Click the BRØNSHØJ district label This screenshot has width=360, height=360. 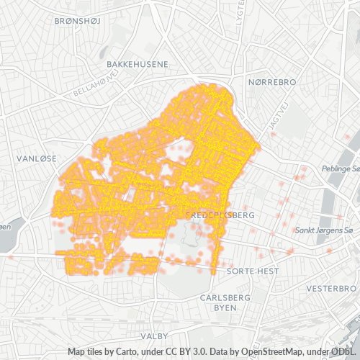[80, 21]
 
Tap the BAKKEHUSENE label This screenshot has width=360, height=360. [138, 64]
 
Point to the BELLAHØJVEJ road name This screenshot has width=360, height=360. [95, 85]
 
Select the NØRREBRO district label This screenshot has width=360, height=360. [271, 83]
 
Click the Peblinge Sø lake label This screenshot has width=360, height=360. [342, 168]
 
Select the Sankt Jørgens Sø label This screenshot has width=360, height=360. [325, 230]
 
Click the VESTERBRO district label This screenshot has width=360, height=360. [332, 287]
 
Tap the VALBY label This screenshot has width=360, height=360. [155, 336]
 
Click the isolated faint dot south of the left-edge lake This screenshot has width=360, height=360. [12, 256]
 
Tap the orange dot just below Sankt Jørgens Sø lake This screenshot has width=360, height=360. [329, 251]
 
